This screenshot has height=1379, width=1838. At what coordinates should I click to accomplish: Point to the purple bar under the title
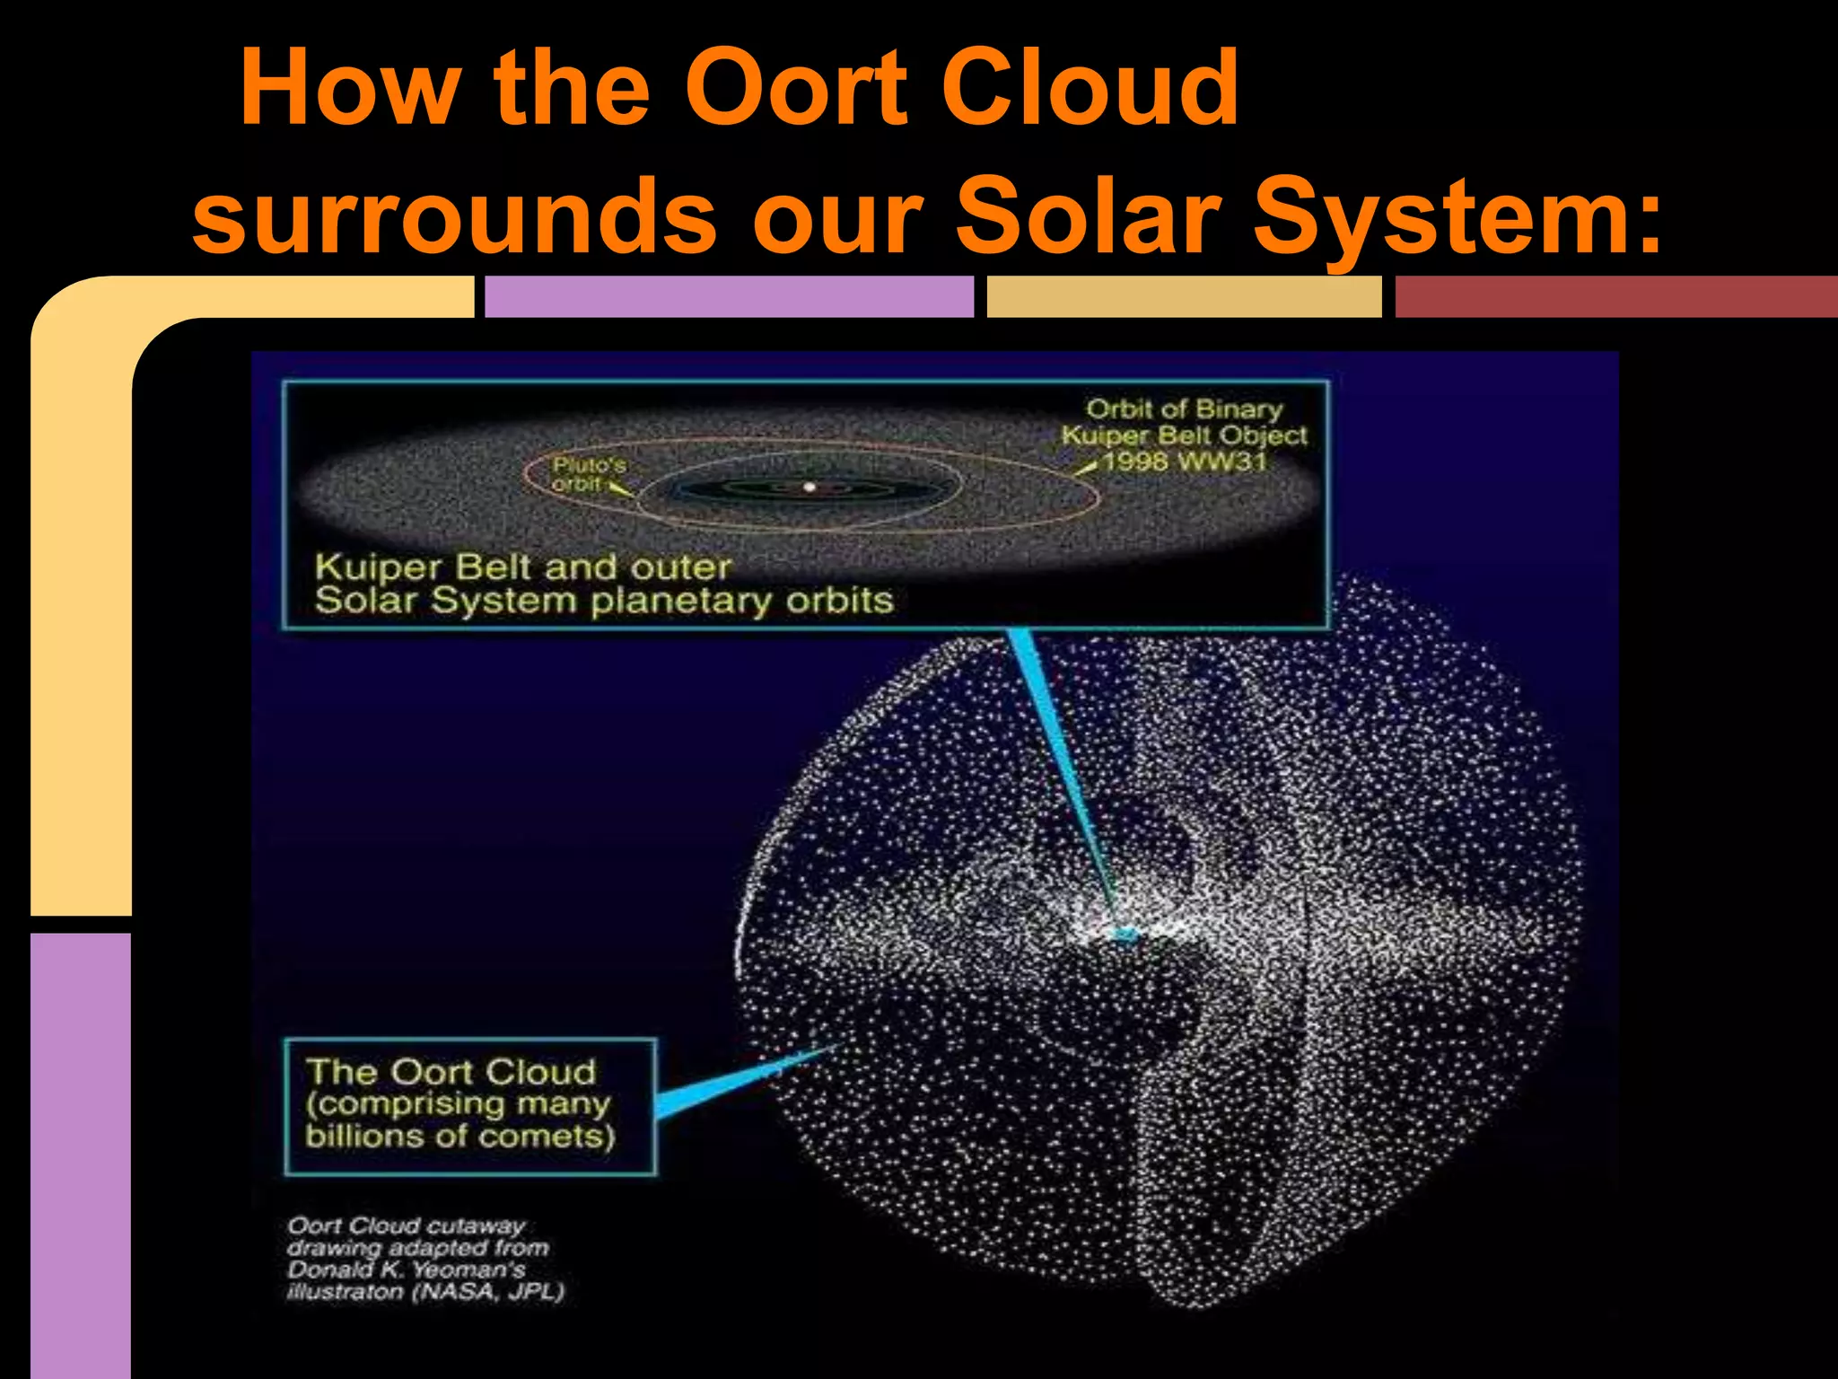[728, 297]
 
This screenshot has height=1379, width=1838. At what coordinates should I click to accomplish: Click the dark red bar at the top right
[1615, 297]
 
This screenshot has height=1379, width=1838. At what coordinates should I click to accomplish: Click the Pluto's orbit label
[588, 474]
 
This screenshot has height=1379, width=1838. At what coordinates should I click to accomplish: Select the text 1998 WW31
[1185, 461]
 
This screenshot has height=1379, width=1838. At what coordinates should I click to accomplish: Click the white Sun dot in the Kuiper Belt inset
[809, 487]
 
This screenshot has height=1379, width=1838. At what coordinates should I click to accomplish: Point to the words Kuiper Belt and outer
[523, 567]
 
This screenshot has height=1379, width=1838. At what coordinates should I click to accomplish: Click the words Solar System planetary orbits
[604, 601]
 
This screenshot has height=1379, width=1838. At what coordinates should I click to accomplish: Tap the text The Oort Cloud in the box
[451, 1071]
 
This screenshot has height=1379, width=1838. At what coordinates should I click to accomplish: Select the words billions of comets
[459, 1137]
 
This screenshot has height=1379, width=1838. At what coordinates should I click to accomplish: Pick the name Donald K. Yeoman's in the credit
[406, 1269]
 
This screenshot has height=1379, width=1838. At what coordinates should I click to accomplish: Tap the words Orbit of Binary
[1185, 408]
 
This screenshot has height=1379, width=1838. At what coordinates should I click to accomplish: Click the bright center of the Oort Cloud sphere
[1124, 934]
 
